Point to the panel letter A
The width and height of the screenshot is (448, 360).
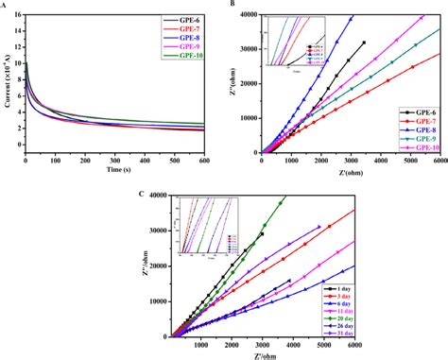[x=4, y=6]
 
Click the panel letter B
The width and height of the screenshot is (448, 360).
[x=232, y=6]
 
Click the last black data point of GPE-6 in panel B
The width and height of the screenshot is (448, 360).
[x=364, y=43]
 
